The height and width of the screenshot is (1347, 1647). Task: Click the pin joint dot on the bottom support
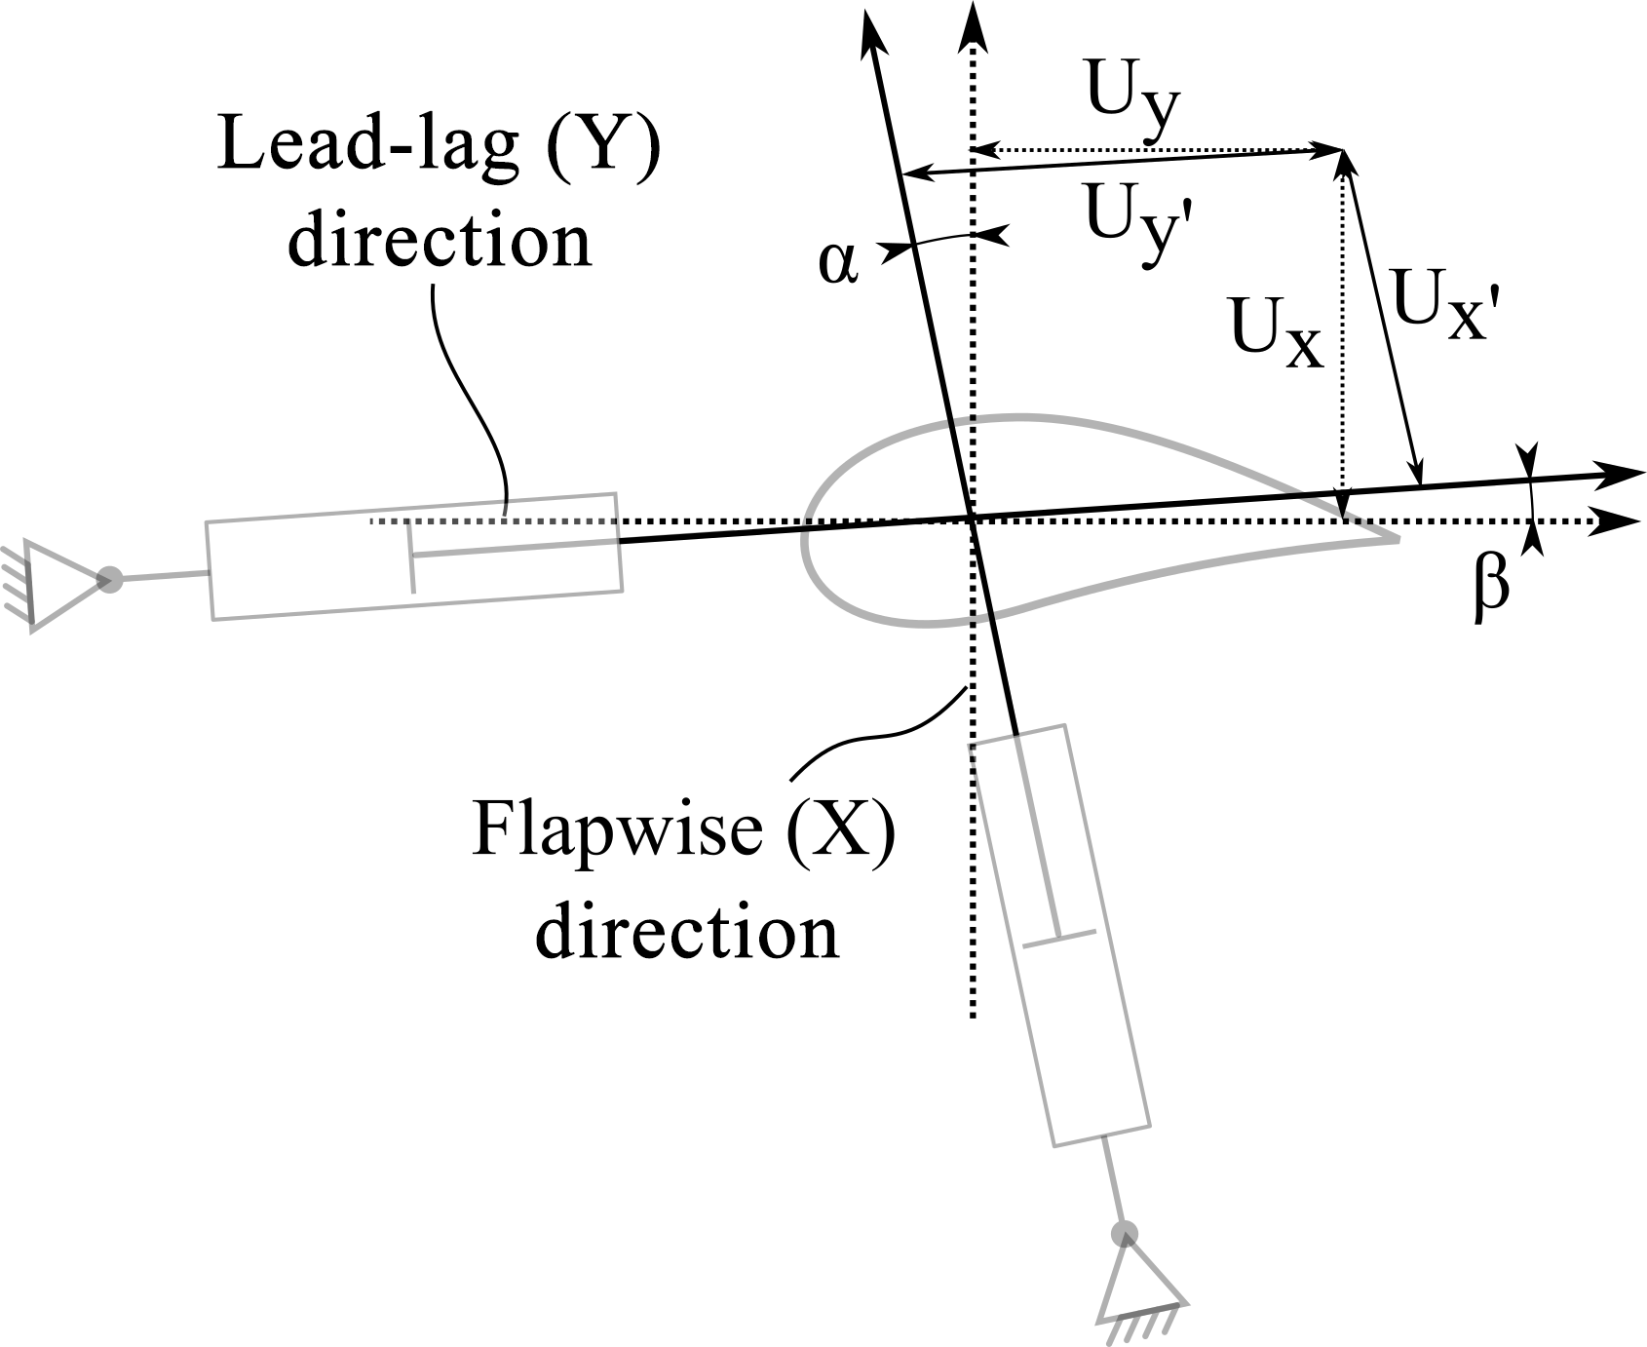(1125, 1233)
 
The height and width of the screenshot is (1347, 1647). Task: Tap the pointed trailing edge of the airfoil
(1398, 536)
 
